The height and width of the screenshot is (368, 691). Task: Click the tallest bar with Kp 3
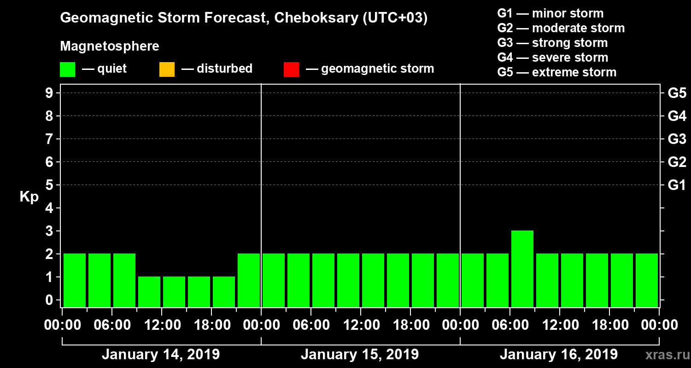point(522,268)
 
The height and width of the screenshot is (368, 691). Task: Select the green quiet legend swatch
point(67,69)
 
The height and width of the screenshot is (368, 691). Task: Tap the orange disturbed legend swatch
point(167,69)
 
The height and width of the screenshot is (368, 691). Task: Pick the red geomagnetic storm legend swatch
point(291,69)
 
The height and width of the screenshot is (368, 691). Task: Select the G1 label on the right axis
point(677,185)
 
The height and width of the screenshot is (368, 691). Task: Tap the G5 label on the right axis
point(677,93)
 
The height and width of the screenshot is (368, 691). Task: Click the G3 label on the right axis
point(677,139)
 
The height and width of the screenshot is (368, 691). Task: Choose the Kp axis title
point(29,196)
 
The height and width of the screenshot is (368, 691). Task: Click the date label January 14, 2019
point(161,354)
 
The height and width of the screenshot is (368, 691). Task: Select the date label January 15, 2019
point(360,354)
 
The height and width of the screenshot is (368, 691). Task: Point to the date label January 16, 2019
point(559,354)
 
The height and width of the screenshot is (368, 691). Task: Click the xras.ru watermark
point(666,355)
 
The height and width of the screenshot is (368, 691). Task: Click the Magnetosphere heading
point(110,46)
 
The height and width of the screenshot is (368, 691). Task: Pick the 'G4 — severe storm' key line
point(553,57)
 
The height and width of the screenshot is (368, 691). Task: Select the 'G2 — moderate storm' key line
point(561,28)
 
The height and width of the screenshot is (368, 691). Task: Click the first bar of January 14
point(75,280)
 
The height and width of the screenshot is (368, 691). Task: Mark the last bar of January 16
point(647,280)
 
